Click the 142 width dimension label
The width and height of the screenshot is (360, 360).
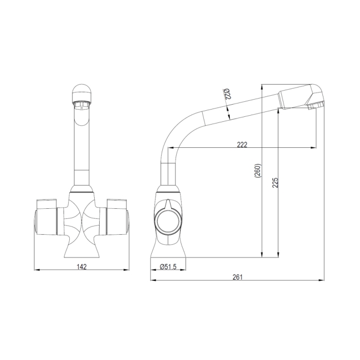point(81,267)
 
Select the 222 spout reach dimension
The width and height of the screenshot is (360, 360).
point(242,145)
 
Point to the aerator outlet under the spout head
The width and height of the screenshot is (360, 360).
point(316,106)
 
